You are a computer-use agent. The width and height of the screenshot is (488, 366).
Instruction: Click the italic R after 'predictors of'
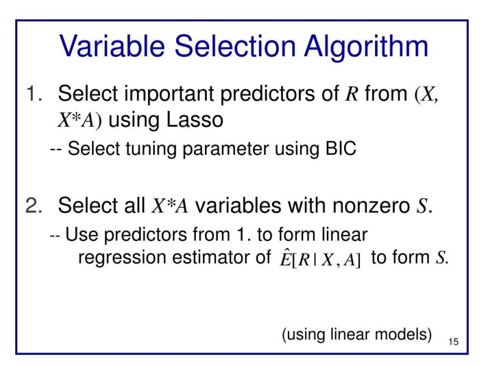click(x=351, y=96)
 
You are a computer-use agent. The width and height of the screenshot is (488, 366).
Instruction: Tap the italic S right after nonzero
click(x=419, y=206)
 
